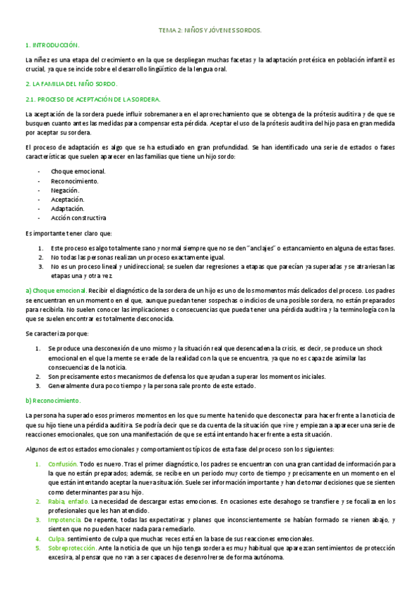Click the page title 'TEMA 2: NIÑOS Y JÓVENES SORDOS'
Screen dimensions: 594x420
tap(210, 31)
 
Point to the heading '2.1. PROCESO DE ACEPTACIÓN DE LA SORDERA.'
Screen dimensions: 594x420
tap(93, 99)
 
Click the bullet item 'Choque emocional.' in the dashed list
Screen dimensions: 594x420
tap(78, 171)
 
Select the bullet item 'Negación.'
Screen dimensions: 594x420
tap(65, 190)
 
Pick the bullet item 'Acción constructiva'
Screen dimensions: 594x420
tap(79, 218)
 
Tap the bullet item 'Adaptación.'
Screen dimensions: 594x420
tap(67, 209)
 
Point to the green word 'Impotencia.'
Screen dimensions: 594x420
tap(65, 520)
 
